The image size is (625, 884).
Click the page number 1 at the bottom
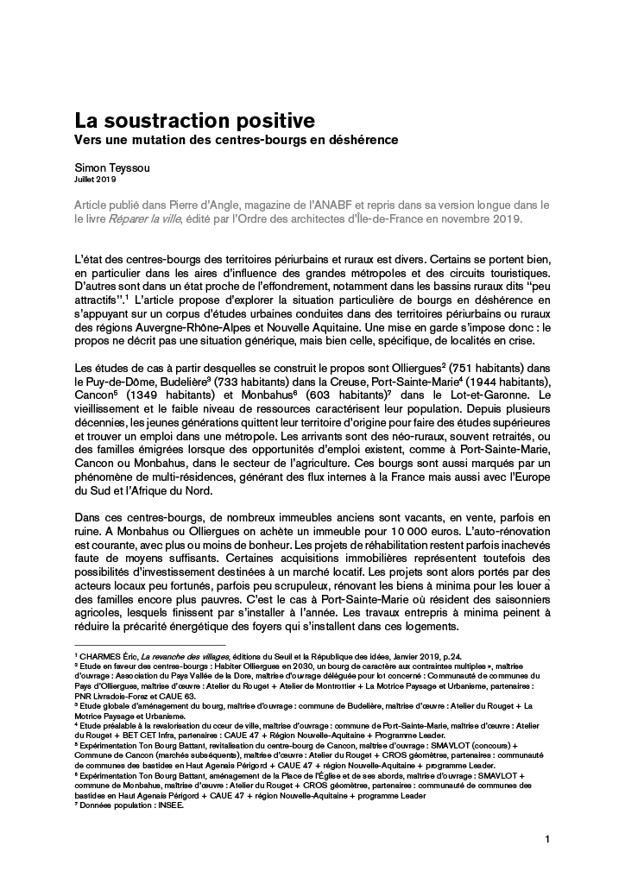(547, 839)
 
